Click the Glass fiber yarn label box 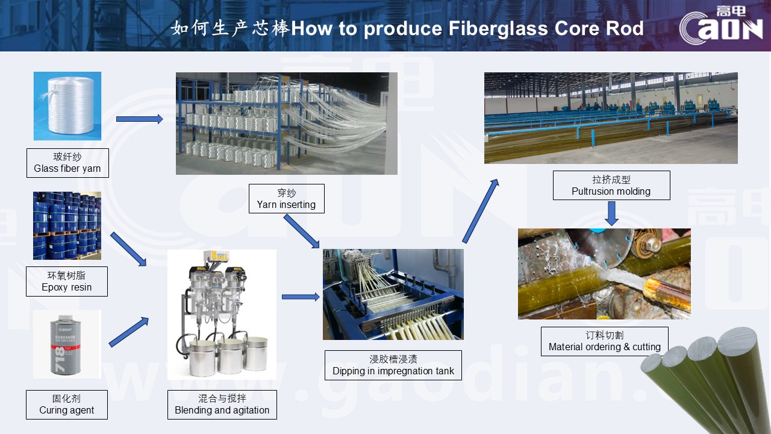67,163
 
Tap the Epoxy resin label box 67,281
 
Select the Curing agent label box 67,404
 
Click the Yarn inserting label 286,199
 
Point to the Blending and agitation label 222,404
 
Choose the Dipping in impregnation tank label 393,365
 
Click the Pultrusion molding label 611,186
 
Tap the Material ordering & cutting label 605,341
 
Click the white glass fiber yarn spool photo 67,106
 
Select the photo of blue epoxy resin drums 67,225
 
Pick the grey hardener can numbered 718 67,344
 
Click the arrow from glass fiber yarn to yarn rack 139,119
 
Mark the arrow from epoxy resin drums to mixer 129,249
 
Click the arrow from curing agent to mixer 129,332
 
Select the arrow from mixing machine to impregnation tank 301,297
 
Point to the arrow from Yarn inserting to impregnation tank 301,231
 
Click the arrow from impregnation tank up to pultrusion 481,210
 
